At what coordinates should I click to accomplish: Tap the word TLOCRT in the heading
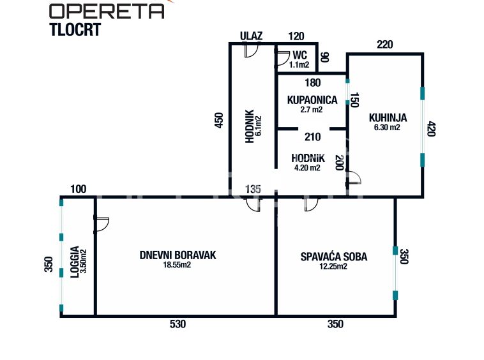[x=75, y=30]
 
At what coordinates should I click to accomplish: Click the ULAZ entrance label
[x=251, y=36]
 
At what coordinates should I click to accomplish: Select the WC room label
[x=299, y=54]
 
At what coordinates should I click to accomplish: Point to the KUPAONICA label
[x=312, y=100]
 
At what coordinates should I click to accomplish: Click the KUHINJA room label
[x=388, y=117]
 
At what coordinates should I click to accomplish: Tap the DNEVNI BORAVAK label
[x=178, y=255]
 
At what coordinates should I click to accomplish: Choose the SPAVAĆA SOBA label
[x=334, y=257]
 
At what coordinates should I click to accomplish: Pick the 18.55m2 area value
[x=178, y=266]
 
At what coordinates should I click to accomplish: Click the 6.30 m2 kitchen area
[x=387, y=127]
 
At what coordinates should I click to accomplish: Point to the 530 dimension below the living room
[x=178, y=324]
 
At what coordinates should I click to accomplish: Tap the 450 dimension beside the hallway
[x=218, y=121]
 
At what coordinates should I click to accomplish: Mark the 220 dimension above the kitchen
[x=384, y=45]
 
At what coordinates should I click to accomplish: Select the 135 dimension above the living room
[x=253, y=189]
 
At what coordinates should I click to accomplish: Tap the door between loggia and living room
[x=102, y=223]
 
